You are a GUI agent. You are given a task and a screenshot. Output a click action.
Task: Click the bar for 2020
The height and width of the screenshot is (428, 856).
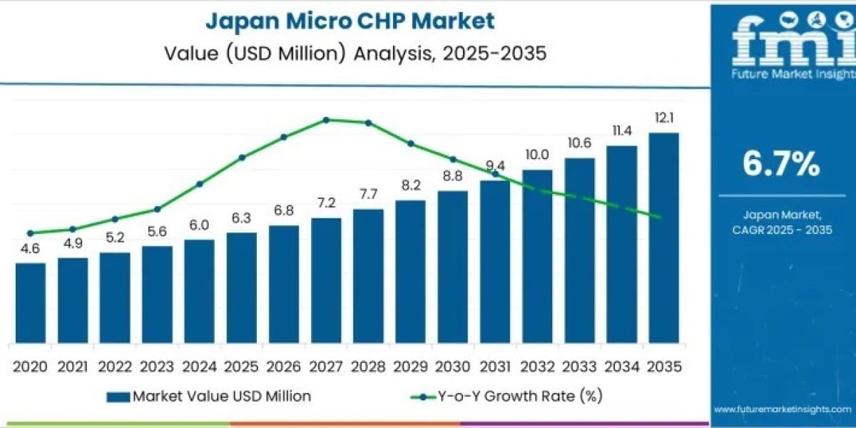click(x=31, y=303)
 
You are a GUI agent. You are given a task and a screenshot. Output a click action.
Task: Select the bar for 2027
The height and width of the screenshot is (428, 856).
click(x=326, y=280)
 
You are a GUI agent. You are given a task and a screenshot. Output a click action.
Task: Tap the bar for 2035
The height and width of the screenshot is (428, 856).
click(x=664, y=238)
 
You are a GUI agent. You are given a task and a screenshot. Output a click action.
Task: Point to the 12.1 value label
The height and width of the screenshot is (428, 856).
click(x=664, y=118)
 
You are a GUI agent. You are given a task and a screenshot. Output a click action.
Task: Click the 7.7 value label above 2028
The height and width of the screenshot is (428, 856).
click(x=368, y=194)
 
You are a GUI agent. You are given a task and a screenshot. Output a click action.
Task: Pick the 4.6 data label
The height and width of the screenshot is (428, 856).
click(x=30, y=249)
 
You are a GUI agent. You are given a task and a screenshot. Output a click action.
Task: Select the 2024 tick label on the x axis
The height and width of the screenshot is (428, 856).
click(x=199, y=367)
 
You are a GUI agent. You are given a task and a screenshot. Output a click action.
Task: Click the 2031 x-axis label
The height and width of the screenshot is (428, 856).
click(x=495, y=367)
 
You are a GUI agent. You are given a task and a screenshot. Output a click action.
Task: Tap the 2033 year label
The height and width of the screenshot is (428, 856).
click(x=579, y=367)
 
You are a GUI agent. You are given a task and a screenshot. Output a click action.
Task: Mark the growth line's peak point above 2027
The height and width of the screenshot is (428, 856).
click(x=326, y=120)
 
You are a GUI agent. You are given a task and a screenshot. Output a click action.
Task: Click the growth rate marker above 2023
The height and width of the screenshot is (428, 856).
click(x=157, y=209)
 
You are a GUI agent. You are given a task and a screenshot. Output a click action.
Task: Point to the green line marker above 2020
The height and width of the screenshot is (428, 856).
click(x=31, y=233)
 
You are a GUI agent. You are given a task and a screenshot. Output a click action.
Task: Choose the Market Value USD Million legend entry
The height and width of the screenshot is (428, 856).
click(x=208, y=397)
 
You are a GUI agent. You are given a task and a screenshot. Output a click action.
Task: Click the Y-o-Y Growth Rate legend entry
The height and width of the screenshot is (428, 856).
click(x=506, y=397)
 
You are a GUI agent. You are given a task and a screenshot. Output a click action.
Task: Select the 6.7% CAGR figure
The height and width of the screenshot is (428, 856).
click(x=782, y=163)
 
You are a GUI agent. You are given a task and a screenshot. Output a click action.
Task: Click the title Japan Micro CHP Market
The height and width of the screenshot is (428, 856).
click(x=350, y=21)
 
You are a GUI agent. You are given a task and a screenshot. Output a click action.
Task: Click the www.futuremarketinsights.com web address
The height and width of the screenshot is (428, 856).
click(x=783, y=409)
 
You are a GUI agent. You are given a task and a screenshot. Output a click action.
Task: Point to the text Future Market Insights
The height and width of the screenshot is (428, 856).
click(x=793, y=73)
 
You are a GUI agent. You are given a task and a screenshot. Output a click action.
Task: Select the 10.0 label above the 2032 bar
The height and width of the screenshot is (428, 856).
click(x=537, y=155)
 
